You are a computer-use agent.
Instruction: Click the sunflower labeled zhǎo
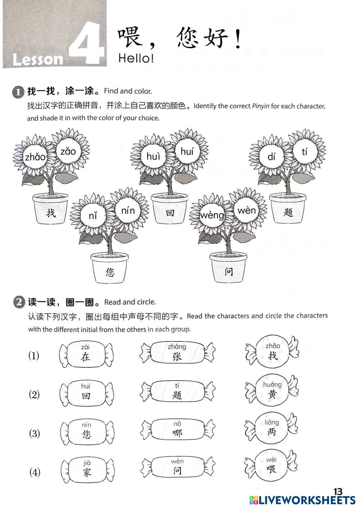coord(35,157)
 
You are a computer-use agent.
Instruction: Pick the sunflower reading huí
coord(187,152)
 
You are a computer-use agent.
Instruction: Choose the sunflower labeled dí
coord(271,157)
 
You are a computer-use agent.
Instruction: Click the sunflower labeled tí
coord(305,152)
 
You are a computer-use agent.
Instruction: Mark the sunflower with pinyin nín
coord(127,210)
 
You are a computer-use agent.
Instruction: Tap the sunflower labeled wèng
coord(212,215)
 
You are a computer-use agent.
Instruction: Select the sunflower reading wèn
coord(246,210)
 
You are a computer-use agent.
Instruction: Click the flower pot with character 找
coord(51,212)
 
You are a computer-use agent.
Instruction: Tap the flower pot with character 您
coord(110,271)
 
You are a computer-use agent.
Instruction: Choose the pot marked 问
coord(229,271)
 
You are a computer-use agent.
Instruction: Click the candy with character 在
coord(86,354)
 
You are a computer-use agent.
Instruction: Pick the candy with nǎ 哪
coord(177,430)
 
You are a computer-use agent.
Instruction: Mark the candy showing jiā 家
coord(87,469)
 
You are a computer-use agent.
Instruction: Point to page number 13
coord(338,491)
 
